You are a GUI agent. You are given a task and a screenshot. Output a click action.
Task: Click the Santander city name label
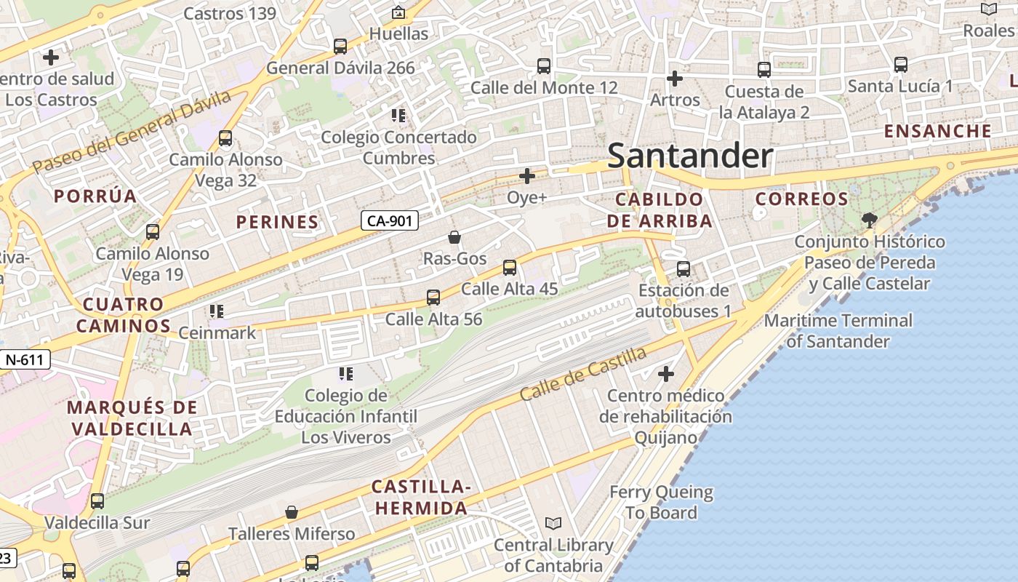point(689,156)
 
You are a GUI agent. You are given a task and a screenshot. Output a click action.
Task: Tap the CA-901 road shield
point(390,220)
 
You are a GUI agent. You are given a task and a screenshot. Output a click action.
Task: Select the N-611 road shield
point(25,359)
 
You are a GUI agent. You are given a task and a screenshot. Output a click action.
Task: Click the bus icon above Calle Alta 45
point(510,268)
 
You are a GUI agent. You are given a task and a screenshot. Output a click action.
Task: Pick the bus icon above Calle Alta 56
point(433,298)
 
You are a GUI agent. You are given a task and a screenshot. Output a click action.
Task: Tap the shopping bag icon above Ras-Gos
point(454,237)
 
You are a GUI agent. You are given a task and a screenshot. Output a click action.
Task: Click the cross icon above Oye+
point(527,176)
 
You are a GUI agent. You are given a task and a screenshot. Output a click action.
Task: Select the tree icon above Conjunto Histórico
point(869,220)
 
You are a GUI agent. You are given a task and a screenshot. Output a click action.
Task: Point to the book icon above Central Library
point(553,524)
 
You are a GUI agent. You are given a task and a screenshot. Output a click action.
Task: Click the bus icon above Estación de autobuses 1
point(684,269)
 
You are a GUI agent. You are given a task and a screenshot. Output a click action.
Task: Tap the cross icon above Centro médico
point(666,375)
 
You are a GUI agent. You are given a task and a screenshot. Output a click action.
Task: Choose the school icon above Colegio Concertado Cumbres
point(398,116)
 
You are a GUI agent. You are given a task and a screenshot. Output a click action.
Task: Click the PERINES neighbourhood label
point(278,222)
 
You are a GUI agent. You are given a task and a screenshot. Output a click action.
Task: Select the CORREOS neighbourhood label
point(802,199)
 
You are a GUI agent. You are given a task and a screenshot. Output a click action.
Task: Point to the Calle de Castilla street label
point(583,374)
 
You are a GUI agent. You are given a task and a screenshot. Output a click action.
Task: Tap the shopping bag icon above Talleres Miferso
point(292,513)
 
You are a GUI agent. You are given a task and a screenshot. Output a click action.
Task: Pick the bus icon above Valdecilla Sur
point(97,501)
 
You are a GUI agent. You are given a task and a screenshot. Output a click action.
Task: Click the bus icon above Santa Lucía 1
point(901,65)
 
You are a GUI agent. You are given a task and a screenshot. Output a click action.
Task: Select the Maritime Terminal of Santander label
point(838,330)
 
